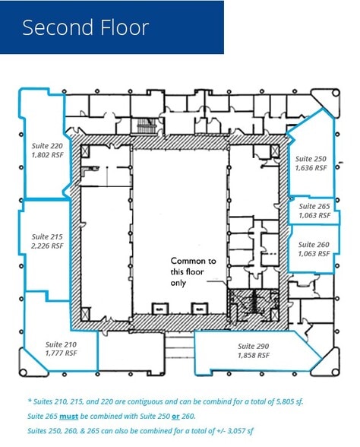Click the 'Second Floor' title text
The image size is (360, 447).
(85, 28)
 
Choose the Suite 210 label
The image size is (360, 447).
(62, 344)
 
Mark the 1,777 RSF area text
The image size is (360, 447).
(62, 353)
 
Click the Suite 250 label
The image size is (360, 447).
(311, 158)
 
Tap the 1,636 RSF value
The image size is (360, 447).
(311, 168)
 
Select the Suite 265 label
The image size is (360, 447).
(314, 206)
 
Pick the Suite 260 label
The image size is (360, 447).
(314, 245)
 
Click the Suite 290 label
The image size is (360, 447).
(254, 345)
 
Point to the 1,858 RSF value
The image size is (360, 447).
(254, 355)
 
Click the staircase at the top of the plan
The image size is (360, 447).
(144, 126)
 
